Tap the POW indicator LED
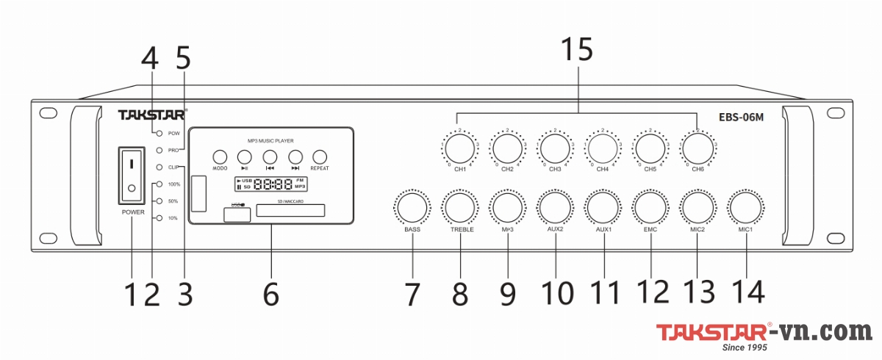tap(158, 133)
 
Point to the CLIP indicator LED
tap(158, 167)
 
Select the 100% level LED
tap(158, 184)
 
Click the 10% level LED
tap(158, 218)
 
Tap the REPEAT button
tap(320, 156)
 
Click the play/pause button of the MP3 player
tap(245, 156)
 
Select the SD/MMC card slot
tap(290, 212)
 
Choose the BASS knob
tap(412, 207)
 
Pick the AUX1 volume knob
tap(603, 207)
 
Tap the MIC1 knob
tap(746, 207)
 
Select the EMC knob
tap(651, 207)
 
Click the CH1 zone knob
tap(459, 147)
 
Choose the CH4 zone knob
tap(603, 147)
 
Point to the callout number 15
tap(576, 50)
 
